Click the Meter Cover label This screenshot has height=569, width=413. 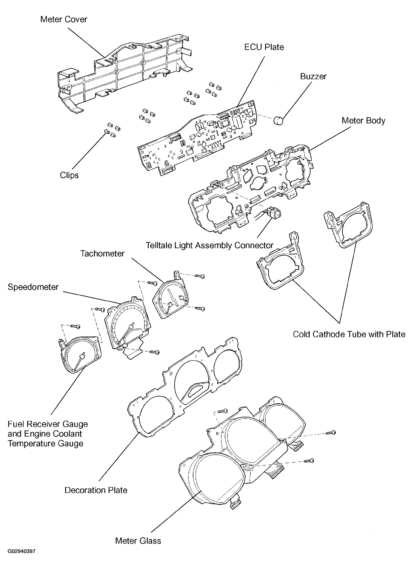click(64, 19)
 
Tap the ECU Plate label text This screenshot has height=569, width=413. click(264, 47)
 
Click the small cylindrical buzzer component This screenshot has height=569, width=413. click(278, 121)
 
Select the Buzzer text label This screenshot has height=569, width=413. click(313, 76)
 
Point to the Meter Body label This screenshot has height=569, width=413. click(363, 121)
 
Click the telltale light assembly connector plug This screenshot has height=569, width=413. click(274, 213)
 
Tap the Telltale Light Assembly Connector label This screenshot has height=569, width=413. click(209, 245)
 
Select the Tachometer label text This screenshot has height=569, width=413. click(102, 254)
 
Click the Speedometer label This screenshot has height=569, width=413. click(33, 287)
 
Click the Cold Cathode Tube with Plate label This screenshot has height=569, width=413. click(349, 334)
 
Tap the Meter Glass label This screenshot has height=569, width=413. click(138, 541)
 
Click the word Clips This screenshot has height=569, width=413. click(69, 175)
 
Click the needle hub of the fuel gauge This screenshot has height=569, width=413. click(82, 356)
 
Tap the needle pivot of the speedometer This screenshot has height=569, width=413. click(130, 327)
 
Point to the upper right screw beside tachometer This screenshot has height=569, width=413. click(200, 276)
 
